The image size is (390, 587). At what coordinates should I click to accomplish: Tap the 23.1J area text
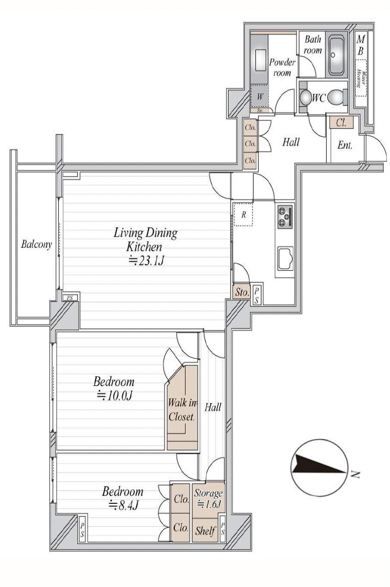(147, 261)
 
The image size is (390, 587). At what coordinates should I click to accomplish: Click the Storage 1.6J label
(208, 498)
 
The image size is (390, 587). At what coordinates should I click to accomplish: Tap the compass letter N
(354, 474)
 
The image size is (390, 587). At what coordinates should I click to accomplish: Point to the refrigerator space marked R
(243, 214)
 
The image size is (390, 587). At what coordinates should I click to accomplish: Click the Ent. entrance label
(345, 145)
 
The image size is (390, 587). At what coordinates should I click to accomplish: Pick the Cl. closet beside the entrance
(341, 122)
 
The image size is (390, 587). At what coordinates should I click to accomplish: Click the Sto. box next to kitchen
(242, 292)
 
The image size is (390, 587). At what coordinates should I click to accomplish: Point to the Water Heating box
(360, 78)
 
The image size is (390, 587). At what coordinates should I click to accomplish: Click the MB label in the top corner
(360, 45)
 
